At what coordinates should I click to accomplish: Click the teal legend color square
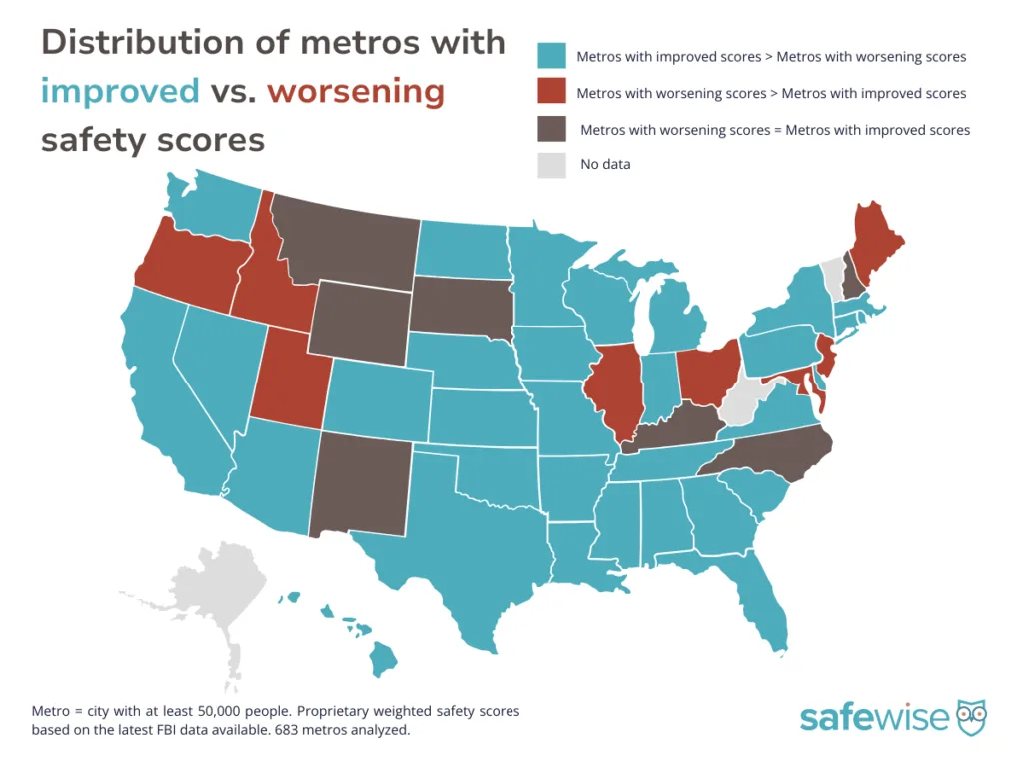551,56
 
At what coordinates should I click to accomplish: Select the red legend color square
551,93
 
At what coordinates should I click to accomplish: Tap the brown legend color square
551,129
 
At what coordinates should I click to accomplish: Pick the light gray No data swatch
551,164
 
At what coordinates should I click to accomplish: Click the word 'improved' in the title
120,91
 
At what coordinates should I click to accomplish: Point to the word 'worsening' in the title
356,91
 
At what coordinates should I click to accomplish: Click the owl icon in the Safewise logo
972,715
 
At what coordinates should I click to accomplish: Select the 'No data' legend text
605,164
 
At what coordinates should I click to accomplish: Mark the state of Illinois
613,389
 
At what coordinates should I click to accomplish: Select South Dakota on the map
460,305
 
